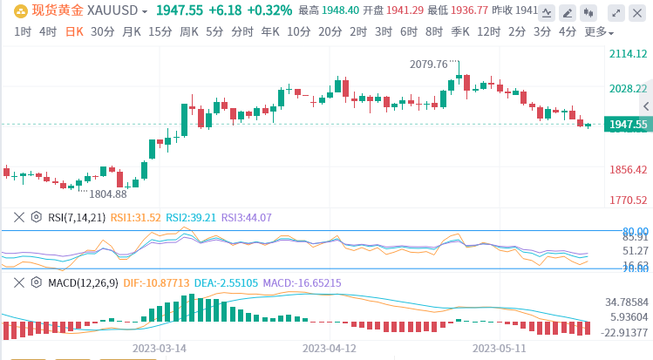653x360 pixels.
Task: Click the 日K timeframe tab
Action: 76,31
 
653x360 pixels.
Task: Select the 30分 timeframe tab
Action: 102,31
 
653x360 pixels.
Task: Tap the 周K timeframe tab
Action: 189,31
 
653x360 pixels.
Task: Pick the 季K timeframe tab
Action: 460,31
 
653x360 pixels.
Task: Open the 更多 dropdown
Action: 598,31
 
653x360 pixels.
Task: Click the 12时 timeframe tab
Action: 488,31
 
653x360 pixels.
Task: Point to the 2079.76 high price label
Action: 428,65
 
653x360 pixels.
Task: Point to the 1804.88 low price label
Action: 107,194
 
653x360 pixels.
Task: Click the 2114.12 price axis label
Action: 629,54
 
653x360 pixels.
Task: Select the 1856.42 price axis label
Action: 629,169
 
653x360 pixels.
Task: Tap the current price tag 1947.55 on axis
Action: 629,125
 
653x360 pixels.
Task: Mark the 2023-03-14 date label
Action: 160,347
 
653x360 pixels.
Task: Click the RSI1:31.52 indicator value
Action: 137,218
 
